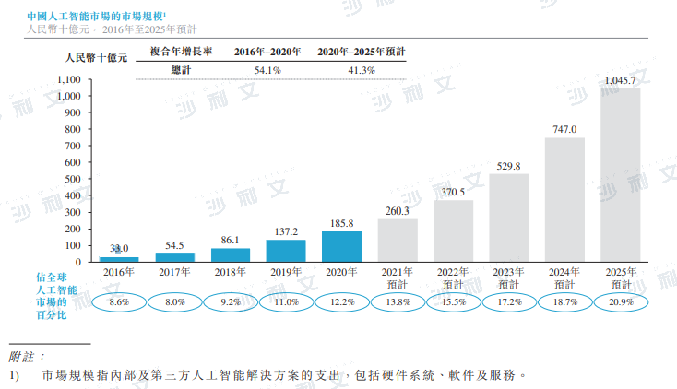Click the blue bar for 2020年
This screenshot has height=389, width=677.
[x=341, y=246]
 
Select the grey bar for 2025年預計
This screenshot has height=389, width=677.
[x=620, y=175]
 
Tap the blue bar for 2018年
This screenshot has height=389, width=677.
[x=231, y=254]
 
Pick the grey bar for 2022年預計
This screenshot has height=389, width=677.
[x=453, y=230]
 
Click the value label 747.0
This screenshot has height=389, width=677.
[x=564, y=129]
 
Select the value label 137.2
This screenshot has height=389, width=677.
[x=286, y=230]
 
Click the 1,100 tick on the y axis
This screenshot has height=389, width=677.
[x=69, y=79]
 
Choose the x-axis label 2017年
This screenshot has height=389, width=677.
[x=174, y=273]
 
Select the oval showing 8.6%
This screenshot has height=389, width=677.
[x=119, y=301]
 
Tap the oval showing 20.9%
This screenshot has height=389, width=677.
[x=619, y=301]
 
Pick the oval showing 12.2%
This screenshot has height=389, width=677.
[x=341, y=301]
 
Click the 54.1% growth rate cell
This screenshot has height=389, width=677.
[x=267, y=70]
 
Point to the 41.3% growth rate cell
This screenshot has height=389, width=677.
[x=361, y=70]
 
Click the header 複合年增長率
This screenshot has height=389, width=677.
[x=182, y=52]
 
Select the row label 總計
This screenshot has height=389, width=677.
[x=182, y=70]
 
